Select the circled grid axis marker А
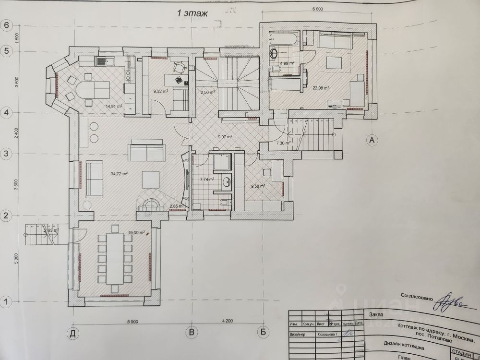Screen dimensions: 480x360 [x=370, y=140]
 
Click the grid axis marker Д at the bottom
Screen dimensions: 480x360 [x=73, y=332]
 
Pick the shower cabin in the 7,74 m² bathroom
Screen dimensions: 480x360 [x=222, y=163]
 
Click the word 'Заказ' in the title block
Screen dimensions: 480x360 [x=376, y=315]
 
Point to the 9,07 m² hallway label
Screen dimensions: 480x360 [x=225, y=137]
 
